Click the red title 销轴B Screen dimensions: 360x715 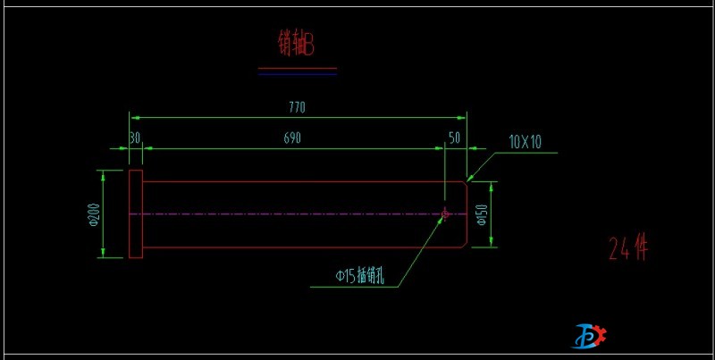click(x=296, y=44)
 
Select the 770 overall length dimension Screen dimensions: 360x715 click(x=298, y=107)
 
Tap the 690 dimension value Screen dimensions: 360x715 click(x=292, y=138)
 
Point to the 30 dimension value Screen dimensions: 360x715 click(x=134, y=138)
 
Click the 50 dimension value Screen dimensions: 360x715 click(x=454, y=138)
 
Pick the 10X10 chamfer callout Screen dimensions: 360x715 click(x=526, y=141)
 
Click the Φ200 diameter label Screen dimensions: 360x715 click(x=94, y=214)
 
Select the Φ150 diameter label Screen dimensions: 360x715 click(x=481, y=214)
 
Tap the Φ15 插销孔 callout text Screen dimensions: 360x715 click(x=359, y=277)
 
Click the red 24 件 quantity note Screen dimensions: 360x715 click(x=627, y=249)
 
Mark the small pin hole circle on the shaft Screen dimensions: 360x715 click(x=445, y=213)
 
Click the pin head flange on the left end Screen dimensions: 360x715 click(x=135, y=214)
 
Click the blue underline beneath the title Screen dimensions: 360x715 click(x=297, y=74)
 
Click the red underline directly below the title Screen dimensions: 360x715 click(x=297, y=68)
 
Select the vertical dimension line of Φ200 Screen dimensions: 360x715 click(x=105, y=214)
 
